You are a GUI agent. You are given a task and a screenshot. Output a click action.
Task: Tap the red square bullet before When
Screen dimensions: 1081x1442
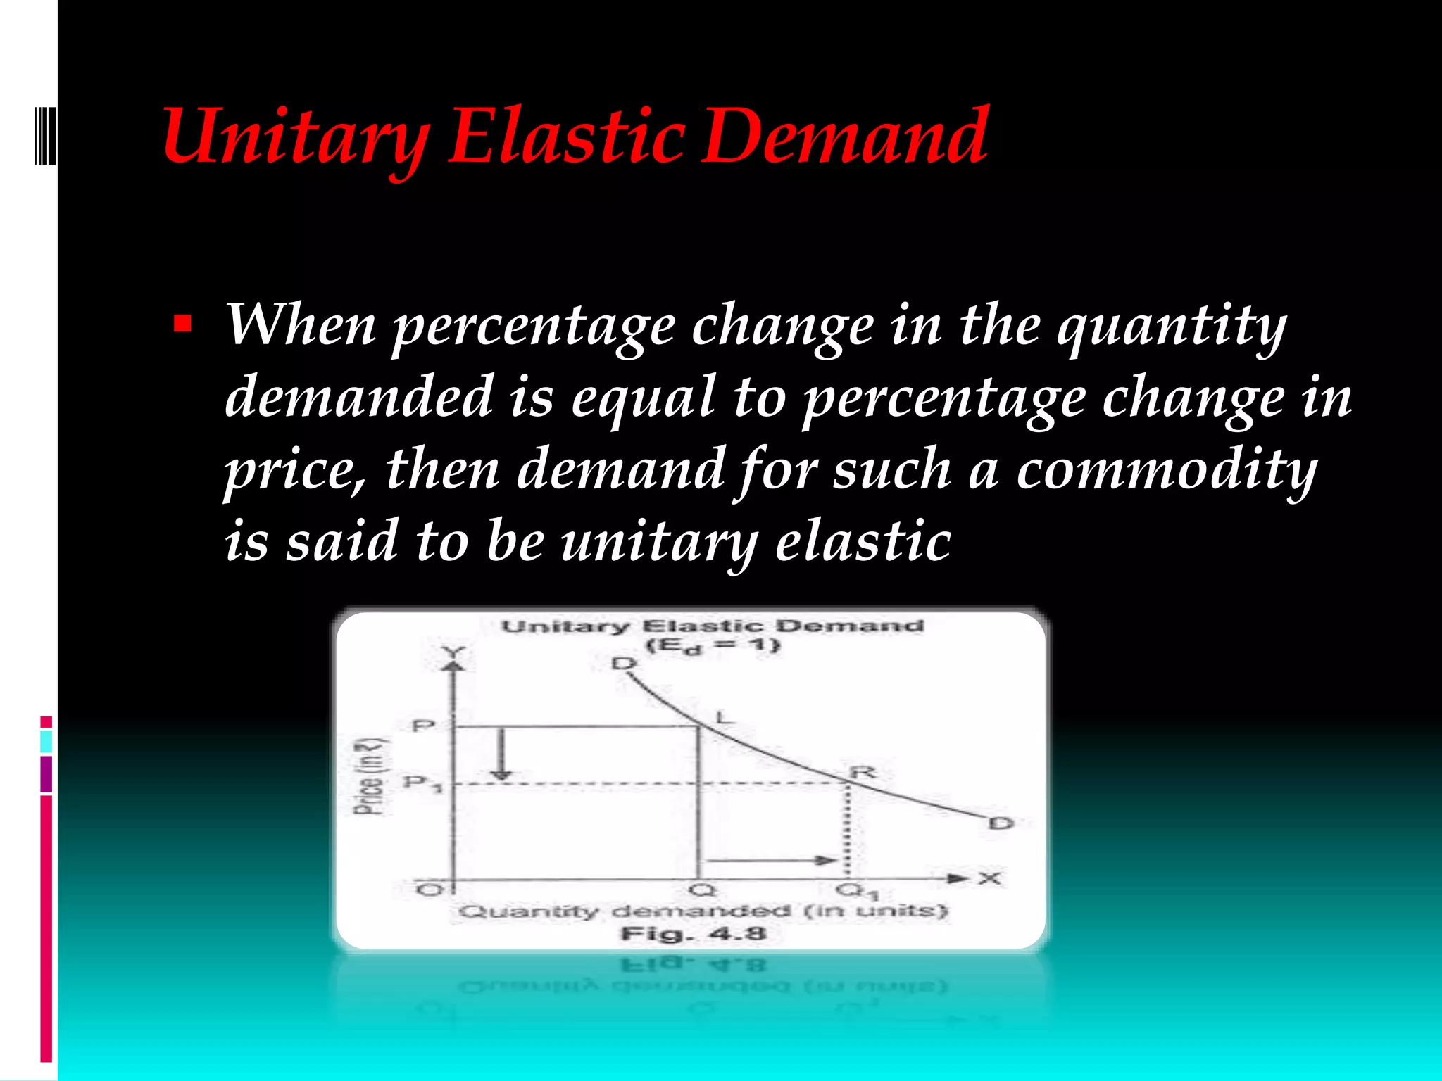click(x=182, y=324)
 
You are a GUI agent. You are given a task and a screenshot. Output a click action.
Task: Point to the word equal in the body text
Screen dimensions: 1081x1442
click(x=642, y=398)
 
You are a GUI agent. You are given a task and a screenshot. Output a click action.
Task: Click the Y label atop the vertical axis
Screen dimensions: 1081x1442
click(x=453, y=652)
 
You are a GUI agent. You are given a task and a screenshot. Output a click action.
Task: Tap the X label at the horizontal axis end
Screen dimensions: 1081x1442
click(x=989, y=878)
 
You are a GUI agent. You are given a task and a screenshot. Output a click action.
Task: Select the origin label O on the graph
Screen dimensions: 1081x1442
click(x=427, y=890)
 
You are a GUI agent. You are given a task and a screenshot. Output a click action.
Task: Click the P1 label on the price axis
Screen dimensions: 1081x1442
click(x=422, y=783)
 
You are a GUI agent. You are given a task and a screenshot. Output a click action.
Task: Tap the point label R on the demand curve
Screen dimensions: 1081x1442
click(x=863, y=772)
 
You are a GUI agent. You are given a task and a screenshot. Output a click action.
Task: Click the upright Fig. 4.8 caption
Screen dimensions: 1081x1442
click(x=693, y=934)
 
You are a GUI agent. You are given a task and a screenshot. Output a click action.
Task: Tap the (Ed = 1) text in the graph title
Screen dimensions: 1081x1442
click(x=712, y=646)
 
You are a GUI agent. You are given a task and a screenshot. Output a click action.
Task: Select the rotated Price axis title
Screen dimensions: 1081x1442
click(x=370, y=778)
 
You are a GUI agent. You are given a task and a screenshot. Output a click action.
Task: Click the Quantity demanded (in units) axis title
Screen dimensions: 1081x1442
click(x=703, y=911)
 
